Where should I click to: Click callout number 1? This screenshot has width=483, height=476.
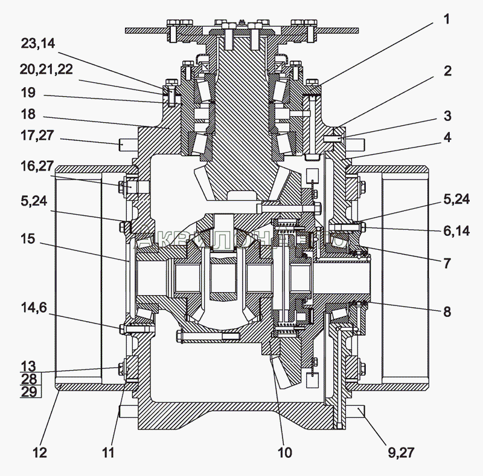click(446, 20)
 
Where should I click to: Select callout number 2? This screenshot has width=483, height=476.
click(447, 71)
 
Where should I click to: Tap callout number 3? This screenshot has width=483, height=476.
click(447, 116)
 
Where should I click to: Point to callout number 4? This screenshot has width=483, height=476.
click(447, 137)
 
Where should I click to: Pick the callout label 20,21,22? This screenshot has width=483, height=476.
click(46, 70)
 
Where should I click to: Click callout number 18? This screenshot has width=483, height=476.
click(28, 114)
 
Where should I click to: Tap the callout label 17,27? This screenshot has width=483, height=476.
click(37, 137)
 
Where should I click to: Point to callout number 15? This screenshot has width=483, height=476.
click(27, 240)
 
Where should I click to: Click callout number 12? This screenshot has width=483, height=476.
click(39, 452)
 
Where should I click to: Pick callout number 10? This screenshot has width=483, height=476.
click(284, 452)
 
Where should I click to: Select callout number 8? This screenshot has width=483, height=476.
click(447, 312)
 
